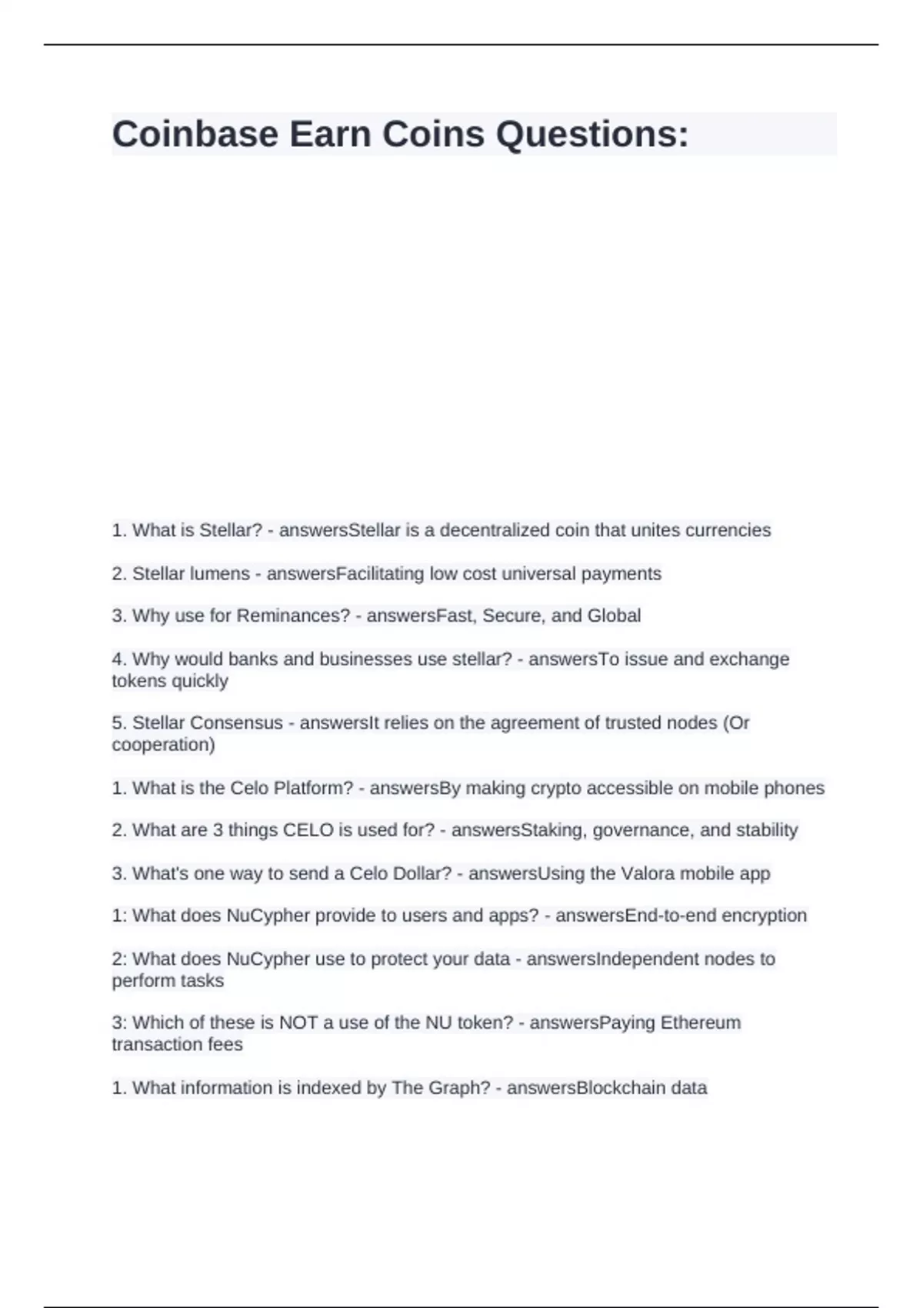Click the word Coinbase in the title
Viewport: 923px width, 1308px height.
click(x=195, y=135)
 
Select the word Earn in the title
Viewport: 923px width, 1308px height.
click(x=330, y=135)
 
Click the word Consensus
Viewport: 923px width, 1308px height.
click(x=236, y=722)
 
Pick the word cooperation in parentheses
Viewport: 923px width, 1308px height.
click(x=161, y=744)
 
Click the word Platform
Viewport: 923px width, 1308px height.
click(x=312, y=788)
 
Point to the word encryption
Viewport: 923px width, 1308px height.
click(x=765, y=915)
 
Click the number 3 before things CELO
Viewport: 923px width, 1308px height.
click(x=218, y=829)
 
